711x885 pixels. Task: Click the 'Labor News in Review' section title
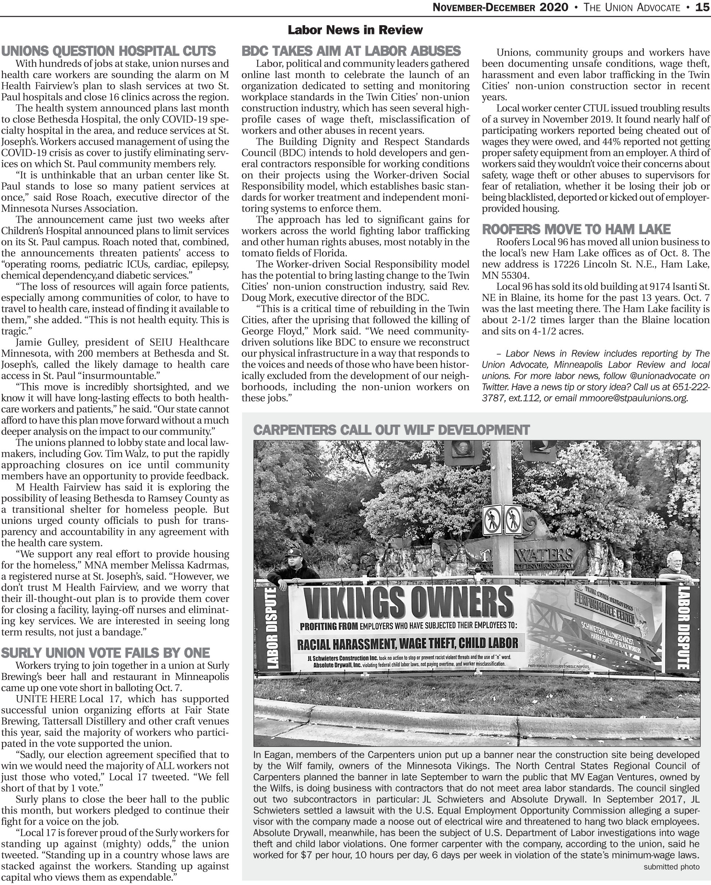pyautogui.click(x=355, y=30)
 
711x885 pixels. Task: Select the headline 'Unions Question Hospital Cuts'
pyautogui.click(x=108, y=51)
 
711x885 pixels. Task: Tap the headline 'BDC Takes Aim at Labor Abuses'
pyautogui.click(x=351, y=51)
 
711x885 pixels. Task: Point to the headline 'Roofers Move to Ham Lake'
pyautogui.click(x=576, y=229)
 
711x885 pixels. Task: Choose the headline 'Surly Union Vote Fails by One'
pyautogui.click(x=105, y=653)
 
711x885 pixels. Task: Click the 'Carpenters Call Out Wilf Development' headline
pyautogui.click(x=391, y=430)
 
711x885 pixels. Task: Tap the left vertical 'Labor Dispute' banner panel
pyautogui.click(x=272, y=629)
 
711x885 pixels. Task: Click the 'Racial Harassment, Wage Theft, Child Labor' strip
pyautogui.click(x=407, y=643)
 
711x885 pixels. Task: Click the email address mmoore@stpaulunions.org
pyautogui.click(x=633, y=398)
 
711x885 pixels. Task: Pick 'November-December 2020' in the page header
pyautogui.click(x=501, y=7)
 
